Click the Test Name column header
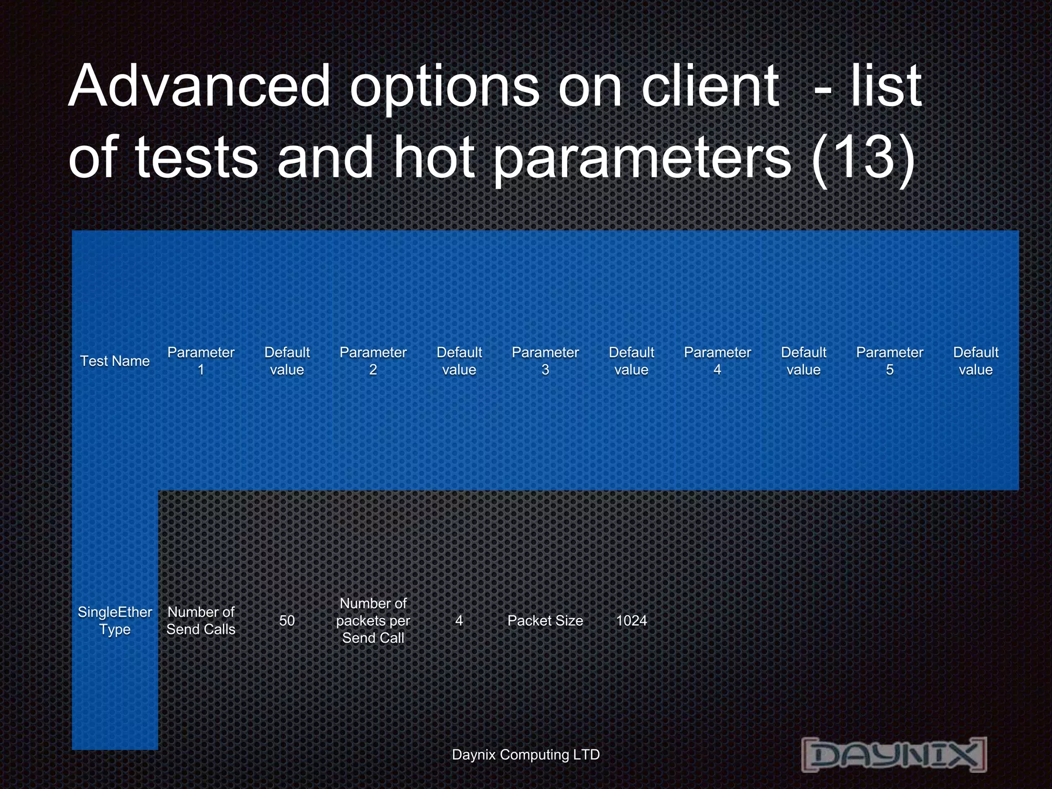pos(115,361)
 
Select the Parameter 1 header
pos(201,361)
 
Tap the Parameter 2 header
pos(373,361)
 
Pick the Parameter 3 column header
pos(545,361)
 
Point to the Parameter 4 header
pos(717,361)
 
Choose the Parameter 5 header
pos(889,361)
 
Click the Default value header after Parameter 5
pos(975,361)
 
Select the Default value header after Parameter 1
pos(287,361)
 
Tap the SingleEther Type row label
pos(115,621)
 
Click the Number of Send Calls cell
pos(201,621)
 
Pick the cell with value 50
pos(287,621)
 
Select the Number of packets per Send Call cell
pos(373,621)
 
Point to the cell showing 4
pos(459,621)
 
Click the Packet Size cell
pos(545,621)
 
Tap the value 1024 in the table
pos(631,621)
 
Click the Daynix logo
pos(894,755)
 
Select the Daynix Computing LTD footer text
pos(525,755)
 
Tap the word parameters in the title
pos(642,159)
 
